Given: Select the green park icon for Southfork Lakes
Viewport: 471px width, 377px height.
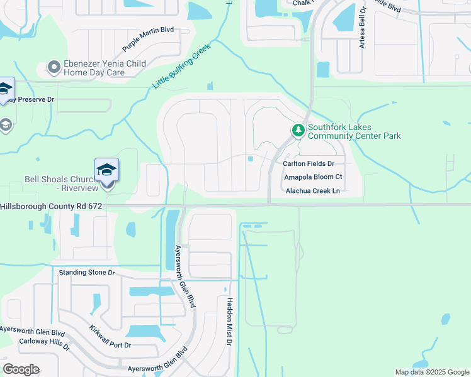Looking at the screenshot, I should click(298, 130).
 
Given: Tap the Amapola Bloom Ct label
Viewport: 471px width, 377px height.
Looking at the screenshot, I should click(312, 177).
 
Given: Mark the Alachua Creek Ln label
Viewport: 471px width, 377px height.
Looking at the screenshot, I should click(312, 191).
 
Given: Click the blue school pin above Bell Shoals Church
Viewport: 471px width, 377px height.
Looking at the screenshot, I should click(107, 170).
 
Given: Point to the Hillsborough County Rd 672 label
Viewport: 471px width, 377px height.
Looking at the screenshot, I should click(51, 206).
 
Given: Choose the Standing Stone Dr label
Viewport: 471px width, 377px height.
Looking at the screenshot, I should click(87, 273).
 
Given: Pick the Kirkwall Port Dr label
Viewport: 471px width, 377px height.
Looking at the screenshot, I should click(110, 336).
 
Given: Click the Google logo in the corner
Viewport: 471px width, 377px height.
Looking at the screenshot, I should click(21, 369).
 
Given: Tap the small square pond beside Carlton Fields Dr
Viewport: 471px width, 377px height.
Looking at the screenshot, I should click(251, 159).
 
